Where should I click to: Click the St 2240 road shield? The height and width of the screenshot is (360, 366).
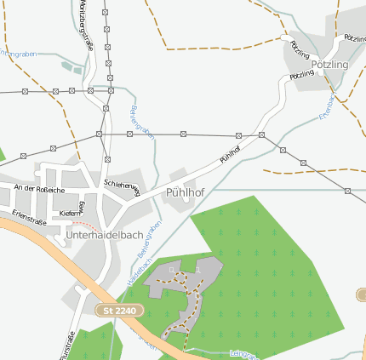(x=118, y=311)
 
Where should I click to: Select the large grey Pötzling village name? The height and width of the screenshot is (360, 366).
(x=329, y=64)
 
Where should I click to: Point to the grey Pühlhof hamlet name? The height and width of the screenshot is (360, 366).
(x=185, y=191)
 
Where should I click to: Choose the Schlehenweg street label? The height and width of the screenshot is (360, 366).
(x=122, y=184)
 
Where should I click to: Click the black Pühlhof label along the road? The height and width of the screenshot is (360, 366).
(x=230, y=152)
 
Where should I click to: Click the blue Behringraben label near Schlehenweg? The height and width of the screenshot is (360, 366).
(x=140, y=120)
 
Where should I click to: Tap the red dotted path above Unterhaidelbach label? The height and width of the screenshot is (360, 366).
(x=77, y=225)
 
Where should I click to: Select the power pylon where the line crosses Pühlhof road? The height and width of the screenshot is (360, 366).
(x=261, y=135)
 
